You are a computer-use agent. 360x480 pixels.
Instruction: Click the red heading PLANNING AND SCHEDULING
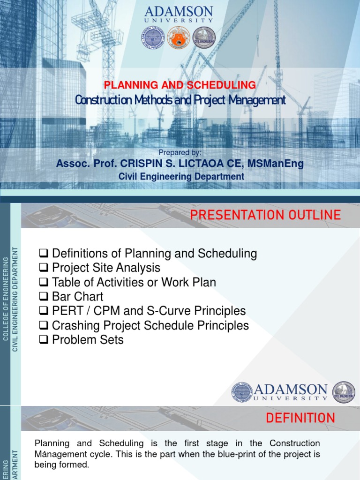click(180, 85)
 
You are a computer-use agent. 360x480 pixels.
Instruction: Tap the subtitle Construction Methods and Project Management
click(180, 99)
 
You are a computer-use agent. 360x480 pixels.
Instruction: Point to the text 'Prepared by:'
click(180, 152)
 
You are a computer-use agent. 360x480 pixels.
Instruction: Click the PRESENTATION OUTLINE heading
click(265, 215)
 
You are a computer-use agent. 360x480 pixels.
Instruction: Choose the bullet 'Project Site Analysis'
click(106, 268)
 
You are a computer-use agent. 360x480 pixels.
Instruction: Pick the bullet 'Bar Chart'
click(77, 296)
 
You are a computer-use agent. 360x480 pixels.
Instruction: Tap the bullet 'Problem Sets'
click(88, 339)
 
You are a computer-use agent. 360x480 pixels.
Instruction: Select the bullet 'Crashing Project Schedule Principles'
click(150, 325)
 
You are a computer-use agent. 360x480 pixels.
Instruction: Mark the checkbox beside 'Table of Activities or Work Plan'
click(44, 283)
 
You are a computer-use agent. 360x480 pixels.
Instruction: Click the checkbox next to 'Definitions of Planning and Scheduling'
click(44, 254)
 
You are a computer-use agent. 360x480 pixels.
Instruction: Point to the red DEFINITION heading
click(300, 418)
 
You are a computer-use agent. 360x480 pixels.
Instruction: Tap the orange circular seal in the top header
click(179, 38)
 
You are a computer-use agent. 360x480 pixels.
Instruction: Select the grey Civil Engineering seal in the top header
click(204, 38)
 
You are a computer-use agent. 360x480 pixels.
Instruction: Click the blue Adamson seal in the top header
click(153, 38)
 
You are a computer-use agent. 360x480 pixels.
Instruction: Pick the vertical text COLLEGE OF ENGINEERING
click(6, 304)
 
